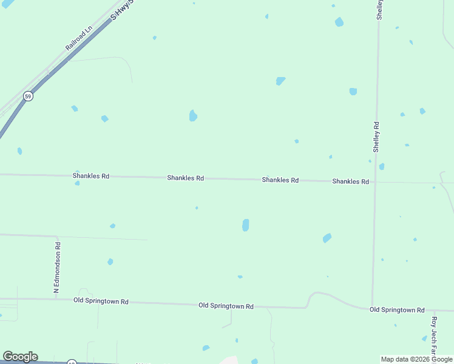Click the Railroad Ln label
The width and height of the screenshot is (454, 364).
pos(78,38)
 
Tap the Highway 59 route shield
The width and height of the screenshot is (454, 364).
pos(28,96)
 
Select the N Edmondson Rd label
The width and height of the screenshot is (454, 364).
pos(57,268)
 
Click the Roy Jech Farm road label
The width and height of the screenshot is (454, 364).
pos(434,335)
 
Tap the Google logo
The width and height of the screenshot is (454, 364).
pos(20,357)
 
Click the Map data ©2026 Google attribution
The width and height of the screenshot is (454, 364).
pos(416,359)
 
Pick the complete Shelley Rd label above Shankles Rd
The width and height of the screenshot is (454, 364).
pos(376,136)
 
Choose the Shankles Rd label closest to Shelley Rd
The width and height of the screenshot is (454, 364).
pos(350,181)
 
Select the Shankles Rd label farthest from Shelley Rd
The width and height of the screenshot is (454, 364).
pos(91,176)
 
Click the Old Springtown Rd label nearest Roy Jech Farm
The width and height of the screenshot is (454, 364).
pos(397,309)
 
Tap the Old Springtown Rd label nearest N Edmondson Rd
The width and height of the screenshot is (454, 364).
pos(101,301)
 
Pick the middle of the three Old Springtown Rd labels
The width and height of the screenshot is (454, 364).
pos(226,306)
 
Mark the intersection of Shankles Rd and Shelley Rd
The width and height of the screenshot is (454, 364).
pos(374,182)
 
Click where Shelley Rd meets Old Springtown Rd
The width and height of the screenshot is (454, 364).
pos(372,308)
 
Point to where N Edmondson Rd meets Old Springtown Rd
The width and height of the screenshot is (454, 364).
pos(56,298)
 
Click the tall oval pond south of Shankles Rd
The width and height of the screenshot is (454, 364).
pos(245,225)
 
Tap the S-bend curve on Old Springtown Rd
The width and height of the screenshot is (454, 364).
pos(311,298)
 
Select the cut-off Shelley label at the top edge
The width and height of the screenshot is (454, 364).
pos(379,10)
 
